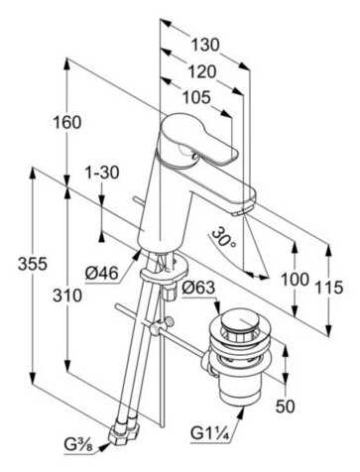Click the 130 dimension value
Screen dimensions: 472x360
(x=206, y=44)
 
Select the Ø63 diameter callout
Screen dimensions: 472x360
(x=199, y=290)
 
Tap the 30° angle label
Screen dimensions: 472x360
(x=224, y=239)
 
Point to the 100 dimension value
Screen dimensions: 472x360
(x=295, y=280)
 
